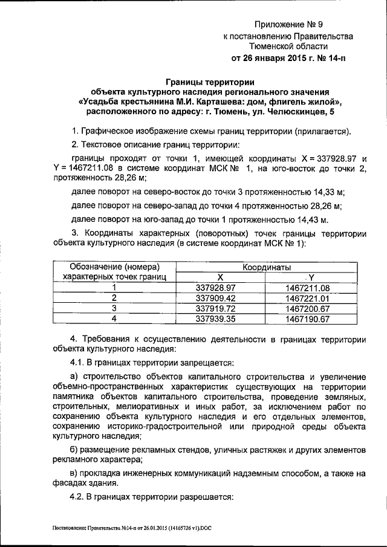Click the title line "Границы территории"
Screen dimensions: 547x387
tap(210, 82)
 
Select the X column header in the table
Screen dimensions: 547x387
tap(220, 277)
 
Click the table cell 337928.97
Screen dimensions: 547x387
tap(220, 288)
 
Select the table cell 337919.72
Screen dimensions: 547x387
tap(220, 308)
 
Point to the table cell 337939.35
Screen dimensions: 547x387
tap(220, 318)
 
